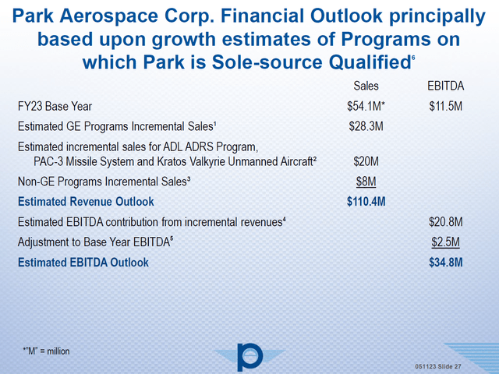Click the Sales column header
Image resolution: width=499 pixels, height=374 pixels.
click(x=366, y=86)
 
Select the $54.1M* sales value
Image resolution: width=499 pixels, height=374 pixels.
click(x=366, y=106)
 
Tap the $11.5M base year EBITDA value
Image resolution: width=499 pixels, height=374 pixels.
click(x=447, y=106)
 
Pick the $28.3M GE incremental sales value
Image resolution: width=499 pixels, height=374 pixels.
click(x=366, y=125)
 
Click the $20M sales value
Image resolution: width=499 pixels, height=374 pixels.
click(x=366, y=161)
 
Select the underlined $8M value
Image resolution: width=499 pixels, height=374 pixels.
click(x=366, y=182)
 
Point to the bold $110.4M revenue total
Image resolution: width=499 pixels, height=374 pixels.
click(x=366, y=202)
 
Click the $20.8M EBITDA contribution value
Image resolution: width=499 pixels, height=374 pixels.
click(x=447, y=222)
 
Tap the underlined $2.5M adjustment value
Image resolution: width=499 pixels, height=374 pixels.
click(x=447, y=242)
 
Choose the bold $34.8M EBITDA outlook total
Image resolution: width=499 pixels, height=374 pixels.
click(x=447, y=263)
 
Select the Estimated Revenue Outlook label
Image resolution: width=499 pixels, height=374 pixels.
click(x=85, y=202)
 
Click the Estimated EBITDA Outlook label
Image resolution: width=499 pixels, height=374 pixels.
click(x=83, y=263)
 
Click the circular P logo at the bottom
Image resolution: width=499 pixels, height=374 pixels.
click(x=249, y=355)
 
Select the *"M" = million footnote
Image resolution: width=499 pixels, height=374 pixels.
click(x=46, y=351)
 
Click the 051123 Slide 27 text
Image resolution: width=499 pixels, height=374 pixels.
click(x=448, y=366)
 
